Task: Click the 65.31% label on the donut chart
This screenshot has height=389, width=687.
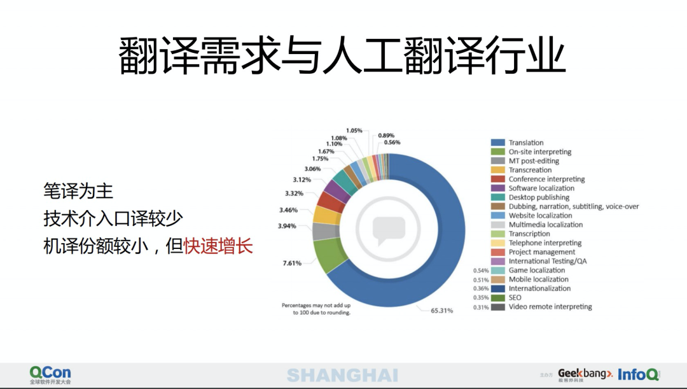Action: pos(441,311)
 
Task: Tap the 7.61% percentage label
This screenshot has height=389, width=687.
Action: pos(292,263)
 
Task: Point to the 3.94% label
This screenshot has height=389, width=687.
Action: pos(287,226)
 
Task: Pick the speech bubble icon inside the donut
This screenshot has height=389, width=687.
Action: pos(389,230)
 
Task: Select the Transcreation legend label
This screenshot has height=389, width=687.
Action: pos(530,170)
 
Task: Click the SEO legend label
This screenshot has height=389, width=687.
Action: pos(515,298)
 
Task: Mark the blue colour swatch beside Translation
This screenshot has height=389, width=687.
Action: pos(497,143)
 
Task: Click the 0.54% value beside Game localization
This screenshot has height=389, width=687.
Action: pos(481,271)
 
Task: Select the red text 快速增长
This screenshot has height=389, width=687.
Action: pos(218,246)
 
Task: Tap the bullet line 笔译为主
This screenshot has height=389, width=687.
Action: pos(78,191)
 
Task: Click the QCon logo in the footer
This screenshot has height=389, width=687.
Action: pos(50,375)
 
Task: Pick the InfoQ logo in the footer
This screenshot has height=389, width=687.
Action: pos(639,374)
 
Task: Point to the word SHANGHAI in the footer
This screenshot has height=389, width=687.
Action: pos(343,376)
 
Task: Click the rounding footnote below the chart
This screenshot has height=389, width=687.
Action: pos(316,309)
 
